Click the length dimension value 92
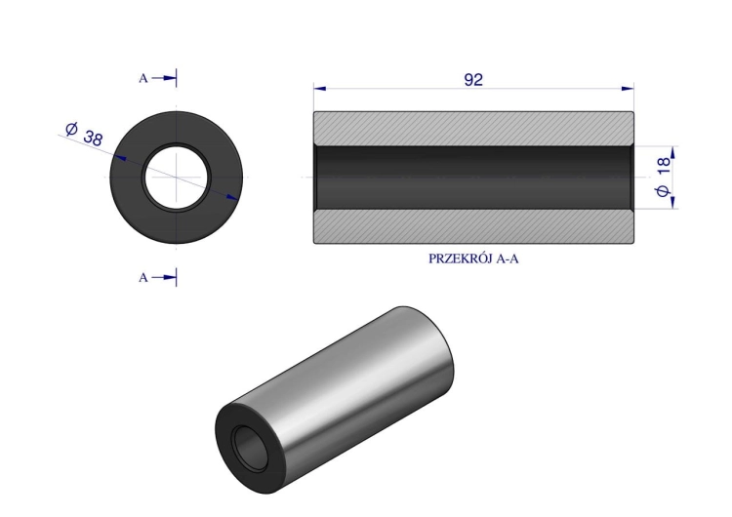coord(473,80)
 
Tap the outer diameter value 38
coord(94,138)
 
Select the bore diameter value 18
coord(664,167)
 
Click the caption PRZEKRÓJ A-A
coord(473,259)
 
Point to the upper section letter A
coord(143,78)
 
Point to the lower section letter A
coord(143,278)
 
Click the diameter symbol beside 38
coord(71,128)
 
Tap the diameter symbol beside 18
coord(664,193)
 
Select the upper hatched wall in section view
coord(473,128)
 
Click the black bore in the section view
coord(473,178)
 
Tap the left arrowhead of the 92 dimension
coord(318,89)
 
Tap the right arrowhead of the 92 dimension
coord(629,89)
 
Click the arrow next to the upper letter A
coord(168,78)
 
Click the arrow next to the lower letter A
coord(168,278)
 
